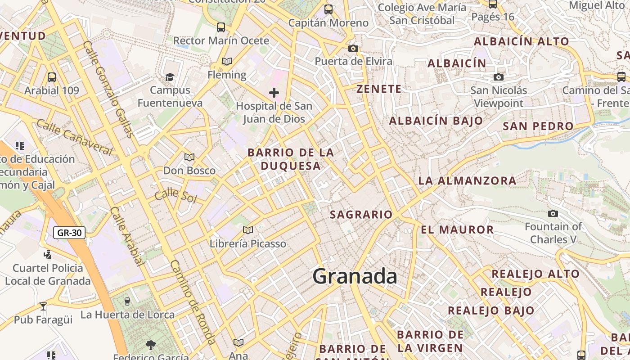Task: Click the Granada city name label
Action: click(x=355, y=276)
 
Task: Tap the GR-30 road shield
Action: click(x=69, y=233)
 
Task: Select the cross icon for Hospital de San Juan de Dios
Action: click(x=274, y=93)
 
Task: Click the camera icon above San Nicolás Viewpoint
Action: click(x=498, y=77)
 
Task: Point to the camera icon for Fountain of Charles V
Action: click(x=553, y=213)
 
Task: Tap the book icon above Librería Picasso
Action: click(x=247, y=230)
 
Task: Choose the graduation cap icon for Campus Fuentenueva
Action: click(x=170, y=77)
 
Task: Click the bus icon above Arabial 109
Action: click(x=52, y=77)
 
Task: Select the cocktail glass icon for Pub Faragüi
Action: click(x=43, y=306)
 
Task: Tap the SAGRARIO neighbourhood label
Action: click(x=361, y=215)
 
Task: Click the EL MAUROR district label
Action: click(x=457, y=229)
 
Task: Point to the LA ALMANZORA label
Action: click(x=468, y=181)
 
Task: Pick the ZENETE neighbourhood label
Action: click(x=379, y=89)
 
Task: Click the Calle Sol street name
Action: click(x=175, y=196)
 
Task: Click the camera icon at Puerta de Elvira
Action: click(x=353, y=48)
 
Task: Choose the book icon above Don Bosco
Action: click(x=189, y=157)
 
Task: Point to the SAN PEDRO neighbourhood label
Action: click(x=538, y=126)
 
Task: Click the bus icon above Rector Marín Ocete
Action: click(x=220, y=27)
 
